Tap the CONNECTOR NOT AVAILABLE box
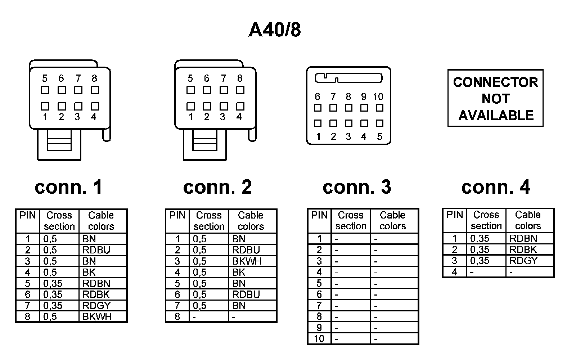[x=495, y=98]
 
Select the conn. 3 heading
[x=356, y=187]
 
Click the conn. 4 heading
[x=496, y=187]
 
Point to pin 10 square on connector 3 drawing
[x=379, y=108]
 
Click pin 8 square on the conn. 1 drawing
[x=95, y=90]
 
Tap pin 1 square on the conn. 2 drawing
[x=190, y=106]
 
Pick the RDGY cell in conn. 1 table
[x=96, y=305]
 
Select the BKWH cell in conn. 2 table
[x=247, y=261]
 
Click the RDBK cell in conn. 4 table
[x=523, y=249]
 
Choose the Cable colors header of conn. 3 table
[x=392, y=220]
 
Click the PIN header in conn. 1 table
[x=28, y=216]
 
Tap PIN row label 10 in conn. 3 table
[x=319, y=339]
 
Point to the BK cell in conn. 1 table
[x=89, y=272]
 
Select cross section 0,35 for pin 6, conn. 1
[x=53, y=294]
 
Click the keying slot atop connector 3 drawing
[x=348, y=78]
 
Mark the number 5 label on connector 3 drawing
[x=379, y=137]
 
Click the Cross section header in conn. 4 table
[x=486, y=220]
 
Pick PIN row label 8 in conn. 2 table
[x=177, y=317]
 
